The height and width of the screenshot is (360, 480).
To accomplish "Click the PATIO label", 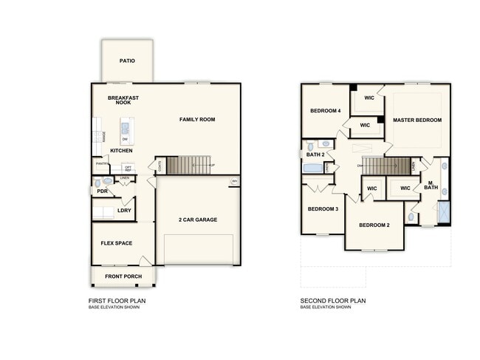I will pyautogui.click(x=127, y=61).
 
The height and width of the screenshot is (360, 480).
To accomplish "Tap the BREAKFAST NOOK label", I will pyautogui.click(x=123, y=101).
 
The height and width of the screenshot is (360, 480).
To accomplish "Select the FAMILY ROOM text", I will pyautogui.click(x=197, y=119).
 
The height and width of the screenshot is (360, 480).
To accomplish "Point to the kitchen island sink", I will pyautogui.click(x=125, y=127).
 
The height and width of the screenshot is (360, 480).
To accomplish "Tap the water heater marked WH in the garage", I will pyautogui.click(x=235, y=181).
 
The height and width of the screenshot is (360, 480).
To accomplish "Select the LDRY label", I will pyautogui.click(x=124, y=211).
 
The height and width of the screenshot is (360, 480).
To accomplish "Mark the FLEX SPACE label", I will pyautogui.click(x=116, y=242).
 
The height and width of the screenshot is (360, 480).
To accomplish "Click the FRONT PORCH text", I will pyautogui.click(x=123, y=276).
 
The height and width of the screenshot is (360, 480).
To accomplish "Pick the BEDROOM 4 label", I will pyautogui.click(x=325, y=111).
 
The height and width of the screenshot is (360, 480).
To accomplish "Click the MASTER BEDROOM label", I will pyautogui.click(x=417, y=120).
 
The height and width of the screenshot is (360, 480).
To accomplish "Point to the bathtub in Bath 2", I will pyautogui.click(x=313, y=169).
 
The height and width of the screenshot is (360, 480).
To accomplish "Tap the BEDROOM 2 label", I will pyautogui.click(x=374, y=225).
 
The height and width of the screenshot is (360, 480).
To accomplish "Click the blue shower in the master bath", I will pyautogui.click(x=444, y=213).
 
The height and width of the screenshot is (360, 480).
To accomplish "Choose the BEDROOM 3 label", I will pyautogui.click(x=323, y=209).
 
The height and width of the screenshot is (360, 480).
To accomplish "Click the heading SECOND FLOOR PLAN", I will pyautogui.click(x=332, y=301).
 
